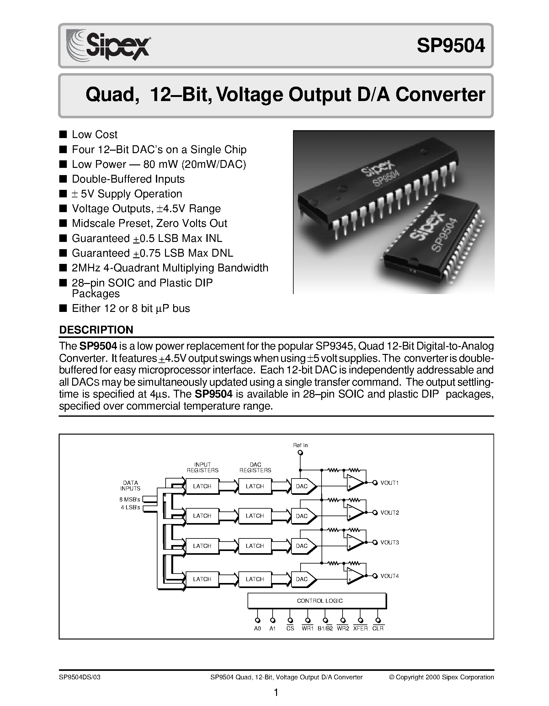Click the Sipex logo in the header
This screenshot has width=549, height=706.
pos(108,45)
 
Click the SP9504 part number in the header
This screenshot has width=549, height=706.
pos(450,45)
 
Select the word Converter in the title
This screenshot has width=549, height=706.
pos(440,95)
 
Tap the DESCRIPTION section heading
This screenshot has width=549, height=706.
pos(96,330)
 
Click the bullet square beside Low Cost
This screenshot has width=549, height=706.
pos(63,134)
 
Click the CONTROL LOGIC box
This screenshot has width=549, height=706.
pos(317,601)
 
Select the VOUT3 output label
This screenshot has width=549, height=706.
pos(389,543)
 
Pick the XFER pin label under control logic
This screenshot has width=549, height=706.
pos(360,628)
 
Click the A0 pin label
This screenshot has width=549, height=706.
pos(257,628)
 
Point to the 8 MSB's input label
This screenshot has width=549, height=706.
pos(130,500)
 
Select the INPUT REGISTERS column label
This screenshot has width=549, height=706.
pos(202,468)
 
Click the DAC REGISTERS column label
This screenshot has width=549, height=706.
pos(255,468)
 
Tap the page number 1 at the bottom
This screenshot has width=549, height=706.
pos(276,693)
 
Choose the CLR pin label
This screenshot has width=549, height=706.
pos(378,628)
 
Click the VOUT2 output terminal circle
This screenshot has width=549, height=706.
pos(375,513)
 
